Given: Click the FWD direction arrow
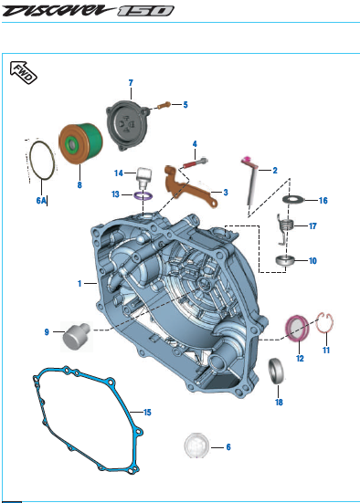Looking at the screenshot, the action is tap(24, 72).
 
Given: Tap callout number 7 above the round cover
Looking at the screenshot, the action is tap(131, 83).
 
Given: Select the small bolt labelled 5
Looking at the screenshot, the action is tap(164, 105).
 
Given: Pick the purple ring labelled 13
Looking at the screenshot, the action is tap(143, 195).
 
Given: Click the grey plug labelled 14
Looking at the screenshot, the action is tap(143, 176).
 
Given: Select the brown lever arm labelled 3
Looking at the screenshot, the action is tap(190, 187).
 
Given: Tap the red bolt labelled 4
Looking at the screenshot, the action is tap(196, 163).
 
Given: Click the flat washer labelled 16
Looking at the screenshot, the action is tap(292, 199).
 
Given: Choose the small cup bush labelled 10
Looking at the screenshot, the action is tap(285, 260).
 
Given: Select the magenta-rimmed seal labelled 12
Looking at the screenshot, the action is tap(297, 329).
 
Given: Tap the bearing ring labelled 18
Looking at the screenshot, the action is tap(276, 371).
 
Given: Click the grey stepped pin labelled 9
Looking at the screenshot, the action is tap(76, 336).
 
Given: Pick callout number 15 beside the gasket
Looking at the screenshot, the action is tap(147, 413).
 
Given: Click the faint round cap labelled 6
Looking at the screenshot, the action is tap(196, 445).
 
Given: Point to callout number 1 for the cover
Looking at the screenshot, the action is tap(79, 284).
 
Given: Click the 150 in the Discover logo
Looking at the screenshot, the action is tap(145, 11).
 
